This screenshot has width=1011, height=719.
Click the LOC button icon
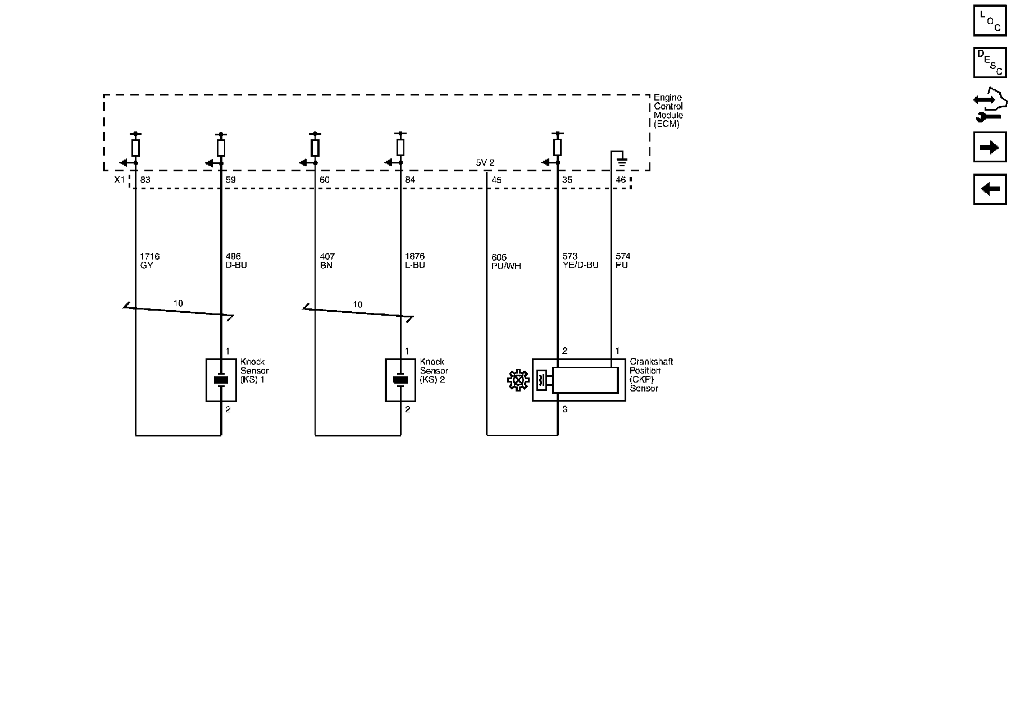990,20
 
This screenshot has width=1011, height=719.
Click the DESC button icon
990,62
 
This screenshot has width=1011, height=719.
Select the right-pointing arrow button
990,147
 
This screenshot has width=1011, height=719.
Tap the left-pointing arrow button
990,189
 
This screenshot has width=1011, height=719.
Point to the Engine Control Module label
668,111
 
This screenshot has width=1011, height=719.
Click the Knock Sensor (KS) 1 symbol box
221,380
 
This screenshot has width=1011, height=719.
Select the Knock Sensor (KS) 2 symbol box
400,380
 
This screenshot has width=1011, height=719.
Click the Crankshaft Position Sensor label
650,375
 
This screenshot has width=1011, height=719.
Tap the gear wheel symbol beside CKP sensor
518,380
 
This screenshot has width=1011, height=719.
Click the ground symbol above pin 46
621,163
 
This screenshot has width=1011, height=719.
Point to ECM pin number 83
145,180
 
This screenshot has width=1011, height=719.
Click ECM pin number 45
497,180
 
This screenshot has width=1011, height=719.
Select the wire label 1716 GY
149,261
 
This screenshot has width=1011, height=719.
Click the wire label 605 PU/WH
505,262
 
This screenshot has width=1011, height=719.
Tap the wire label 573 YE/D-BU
580,261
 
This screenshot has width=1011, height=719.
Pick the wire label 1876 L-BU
415,261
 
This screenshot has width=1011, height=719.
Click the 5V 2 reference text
485,163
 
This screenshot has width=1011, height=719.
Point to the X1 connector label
119,180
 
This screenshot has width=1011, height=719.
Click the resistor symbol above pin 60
315,148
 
